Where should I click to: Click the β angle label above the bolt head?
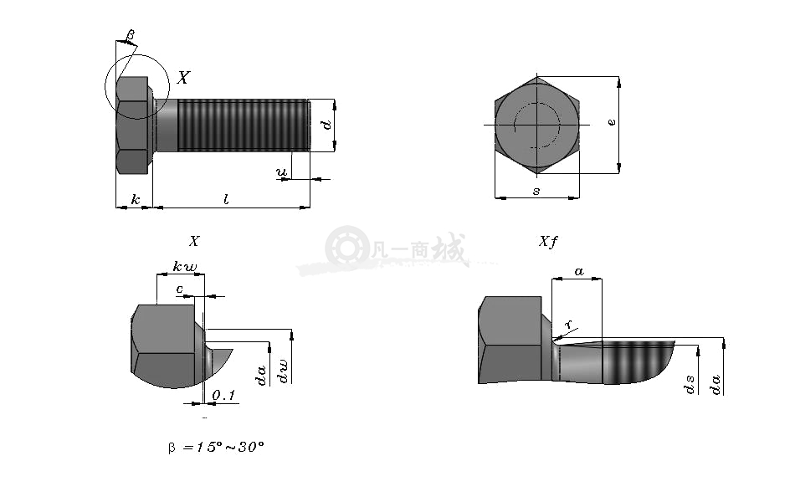point(131,35)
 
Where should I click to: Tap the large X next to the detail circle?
point(183,77)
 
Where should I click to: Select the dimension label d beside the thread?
point(327,124)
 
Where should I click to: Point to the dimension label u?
point(281,172)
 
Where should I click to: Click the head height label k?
point(135,199)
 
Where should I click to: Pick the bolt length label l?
point(226,199)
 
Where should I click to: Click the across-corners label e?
point(612,121)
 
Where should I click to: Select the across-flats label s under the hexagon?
point(536,191)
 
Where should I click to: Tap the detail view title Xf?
point(547,241)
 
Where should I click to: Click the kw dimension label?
point(185,266)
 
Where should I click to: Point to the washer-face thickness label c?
point(179,289)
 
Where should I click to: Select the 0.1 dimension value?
point(223,395)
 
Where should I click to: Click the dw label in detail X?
point(282,371)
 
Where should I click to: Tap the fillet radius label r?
point(568,324)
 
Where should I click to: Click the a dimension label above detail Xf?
point(578,272)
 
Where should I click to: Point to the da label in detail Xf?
point(715,384)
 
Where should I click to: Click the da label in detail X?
point(260,375)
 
